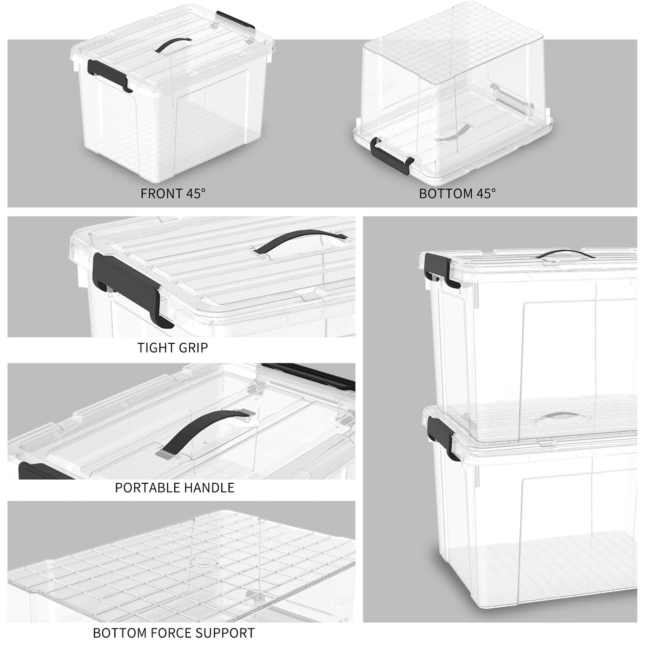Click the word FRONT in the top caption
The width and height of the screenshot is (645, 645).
pos(161,193)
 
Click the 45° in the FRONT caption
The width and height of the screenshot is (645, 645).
pos(195,193)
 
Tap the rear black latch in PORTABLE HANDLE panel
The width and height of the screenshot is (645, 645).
pos(308,376)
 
